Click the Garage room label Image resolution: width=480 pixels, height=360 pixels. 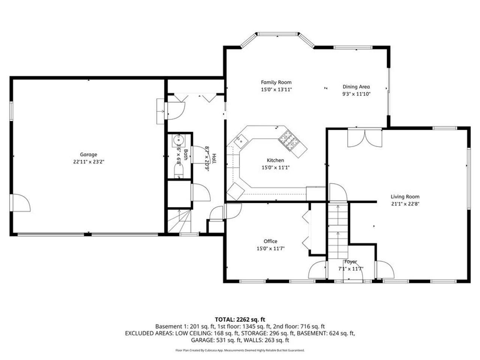[88, 154]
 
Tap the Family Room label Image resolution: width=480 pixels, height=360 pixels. [276, 82]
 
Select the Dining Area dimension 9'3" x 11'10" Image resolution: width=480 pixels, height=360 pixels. [356, 94]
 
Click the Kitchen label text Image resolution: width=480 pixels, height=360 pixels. [275, 160]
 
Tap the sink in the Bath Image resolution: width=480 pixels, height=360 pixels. [178, 141]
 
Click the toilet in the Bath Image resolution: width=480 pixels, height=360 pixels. [179, 172]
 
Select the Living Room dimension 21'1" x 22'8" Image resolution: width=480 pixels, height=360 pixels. [405, 204]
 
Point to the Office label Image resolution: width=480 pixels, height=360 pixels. [270, 241]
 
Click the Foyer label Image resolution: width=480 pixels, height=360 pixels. [351, 262]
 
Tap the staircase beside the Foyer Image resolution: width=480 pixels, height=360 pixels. [338, 231]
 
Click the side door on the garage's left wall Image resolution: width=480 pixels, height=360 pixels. [21, 203]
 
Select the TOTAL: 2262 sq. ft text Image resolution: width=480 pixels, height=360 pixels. [240, 319]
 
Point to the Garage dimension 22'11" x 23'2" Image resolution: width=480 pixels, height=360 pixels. [88, 162]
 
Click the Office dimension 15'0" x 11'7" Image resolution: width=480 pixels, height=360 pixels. [270, 248]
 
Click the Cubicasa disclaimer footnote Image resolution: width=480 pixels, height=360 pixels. [240, 350]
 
